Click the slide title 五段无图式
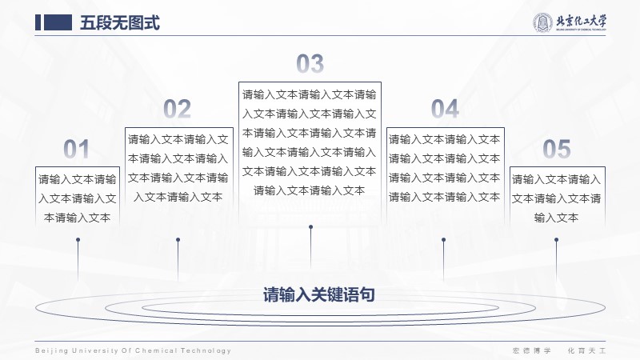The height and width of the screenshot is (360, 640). coord(119,23)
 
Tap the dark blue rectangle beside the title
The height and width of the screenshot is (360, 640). coord(58,22)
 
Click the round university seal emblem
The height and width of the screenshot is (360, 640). coord(542,22)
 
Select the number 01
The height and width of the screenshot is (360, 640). coord(76,149)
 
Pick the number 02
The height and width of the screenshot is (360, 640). coord(177,109)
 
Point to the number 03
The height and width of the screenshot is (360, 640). coord(310,64)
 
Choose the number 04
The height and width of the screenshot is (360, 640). coord(445,109)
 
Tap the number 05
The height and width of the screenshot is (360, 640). coord(557,149)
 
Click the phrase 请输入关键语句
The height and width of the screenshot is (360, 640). coord(318,294)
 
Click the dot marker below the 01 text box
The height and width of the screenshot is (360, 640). coord(78,240)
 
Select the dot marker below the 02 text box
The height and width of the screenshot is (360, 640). coord(178,240)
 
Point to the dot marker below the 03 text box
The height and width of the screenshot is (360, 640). coord(311,227)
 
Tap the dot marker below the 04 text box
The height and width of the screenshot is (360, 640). coord(444,240)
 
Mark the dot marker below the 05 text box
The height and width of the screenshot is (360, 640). coord(556,240)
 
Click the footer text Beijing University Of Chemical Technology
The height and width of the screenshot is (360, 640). coord(133,350)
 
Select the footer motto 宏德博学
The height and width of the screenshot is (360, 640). coord(532,350)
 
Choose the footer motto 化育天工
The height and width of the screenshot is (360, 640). coord(587,350)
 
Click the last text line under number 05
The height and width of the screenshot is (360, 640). coord(556,218)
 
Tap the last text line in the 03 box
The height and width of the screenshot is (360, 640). coord(310,190)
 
